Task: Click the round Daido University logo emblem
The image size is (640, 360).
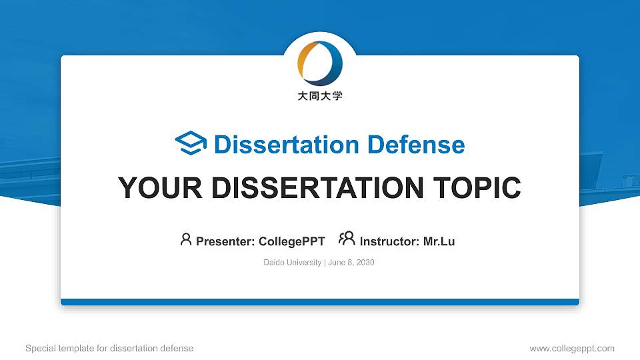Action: (319, 63)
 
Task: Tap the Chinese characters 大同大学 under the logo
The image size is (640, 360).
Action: (320, 96)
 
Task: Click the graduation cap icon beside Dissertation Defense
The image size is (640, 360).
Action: (191, 144)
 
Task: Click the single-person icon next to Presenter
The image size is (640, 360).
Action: (186, 239)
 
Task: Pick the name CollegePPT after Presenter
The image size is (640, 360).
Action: (291, 241)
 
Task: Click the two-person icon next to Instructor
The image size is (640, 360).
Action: (347, 239)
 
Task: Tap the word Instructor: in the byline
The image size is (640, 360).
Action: (390, 241)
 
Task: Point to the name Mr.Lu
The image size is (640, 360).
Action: (439, 241)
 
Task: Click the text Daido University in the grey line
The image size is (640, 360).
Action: (293, 263)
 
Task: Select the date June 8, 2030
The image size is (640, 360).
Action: (351, 263)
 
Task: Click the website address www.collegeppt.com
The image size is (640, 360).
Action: (572, 348)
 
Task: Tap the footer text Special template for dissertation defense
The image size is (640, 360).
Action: (109, 348)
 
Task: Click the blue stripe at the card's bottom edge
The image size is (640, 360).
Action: (320, 302)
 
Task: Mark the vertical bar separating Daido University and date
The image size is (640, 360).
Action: (325, 263)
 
